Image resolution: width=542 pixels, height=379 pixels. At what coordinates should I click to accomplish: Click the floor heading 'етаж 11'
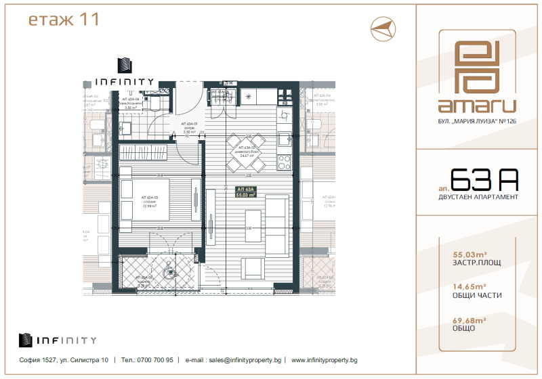[64, 19]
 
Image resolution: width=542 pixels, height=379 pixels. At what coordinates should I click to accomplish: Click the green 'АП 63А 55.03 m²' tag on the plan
[245, 192]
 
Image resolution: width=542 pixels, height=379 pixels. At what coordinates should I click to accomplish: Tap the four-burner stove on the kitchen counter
[285, 163]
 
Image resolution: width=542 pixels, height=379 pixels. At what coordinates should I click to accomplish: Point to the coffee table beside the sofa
[253, 219]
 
